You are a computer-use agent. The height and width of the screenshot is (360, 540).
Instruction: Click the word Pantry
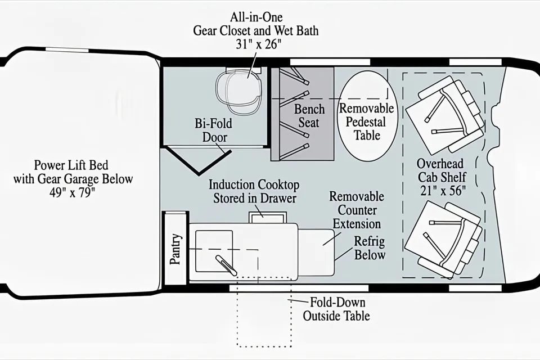click(175, 249)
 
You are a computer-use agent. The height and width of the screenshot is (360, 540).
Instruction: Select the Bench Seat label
click(309, 116)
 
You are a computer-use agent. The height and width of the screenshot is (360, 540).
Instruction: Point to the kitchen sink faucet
click(226, 265)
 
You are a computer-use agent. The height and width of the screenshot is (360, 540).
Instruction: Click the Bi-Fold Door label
click(214, 130)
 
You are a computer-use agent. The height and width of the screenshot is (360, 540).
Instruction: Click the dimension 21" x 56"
click(443, 191)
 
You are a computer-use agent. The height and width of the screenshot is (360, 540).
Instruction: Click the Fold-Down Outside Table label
click(336, 309)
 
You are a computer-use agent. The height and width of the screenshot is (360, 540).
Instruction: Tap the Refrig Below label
click(370, 248)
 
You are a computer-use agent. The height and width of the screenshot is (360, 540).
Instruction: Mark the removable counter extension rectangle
click(317, 253)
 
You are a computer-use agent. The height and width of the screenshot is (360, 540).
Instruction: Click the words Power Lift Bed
click(71, 165)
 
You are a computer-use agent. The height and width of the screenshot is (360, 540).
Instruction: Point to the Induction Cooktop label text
click(254, 192)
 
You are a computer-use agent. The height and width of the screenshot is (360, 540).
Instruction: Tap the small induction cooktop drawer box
click(268, 217)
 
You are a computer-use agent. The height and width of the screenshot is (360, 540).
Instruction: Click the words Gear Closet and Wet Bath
click(256, 31)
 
